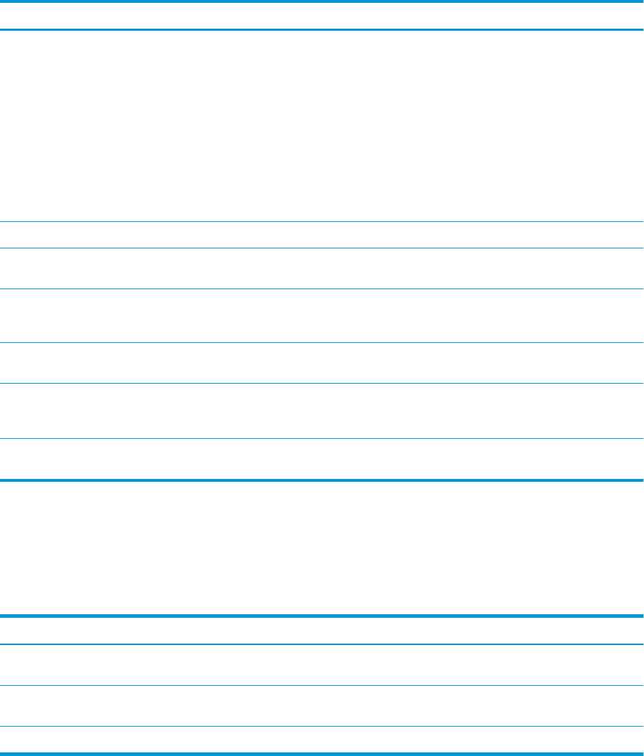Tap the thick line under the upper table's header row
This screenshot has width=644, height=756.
pos(322,29)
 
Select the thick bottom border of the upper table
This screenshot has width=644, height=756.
pos(322,479)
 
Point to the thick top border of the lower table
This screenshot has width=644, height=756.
pos(322,616)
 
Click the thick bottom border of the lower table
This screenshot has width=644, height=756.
pos(322,753)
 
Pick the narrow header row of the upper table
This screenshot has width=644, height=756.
pos(322,15)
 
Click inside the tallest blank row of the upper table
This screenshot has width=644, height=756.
pos(322,125)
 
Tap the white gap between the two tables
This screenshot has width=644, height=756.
pos(322,548)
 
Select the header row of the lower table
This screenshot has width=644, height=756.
pos(322,630)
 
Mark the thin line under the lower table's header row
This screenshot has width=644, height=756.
pos(322,644)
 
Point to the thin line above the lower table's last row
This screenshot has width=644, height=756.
pos(322,727)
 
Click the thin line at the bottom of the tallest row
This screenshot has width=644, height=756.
pos(322,221)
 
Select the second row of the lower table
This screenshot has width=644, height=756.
pos(322,665)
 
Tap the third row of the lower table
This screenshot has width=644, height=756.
pos(322,706)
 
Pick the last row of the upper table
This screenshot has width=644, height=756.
pos(322,458)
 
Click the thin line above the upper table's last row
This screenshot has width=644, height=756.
pos(322,438)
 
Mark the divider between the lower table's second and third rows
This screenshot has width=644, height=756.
pos(322,685)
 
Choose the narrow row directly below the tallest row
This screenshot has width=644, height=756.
pos(322,235)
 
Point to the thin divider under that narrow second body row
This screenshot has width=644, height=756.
pos(322,248)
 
